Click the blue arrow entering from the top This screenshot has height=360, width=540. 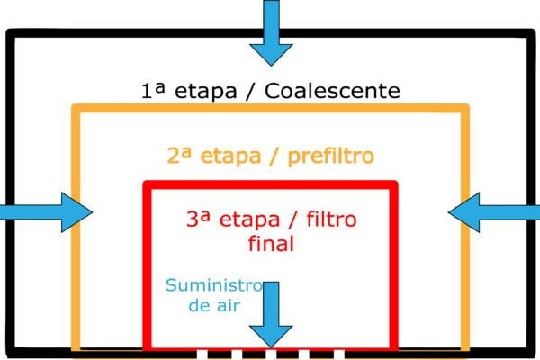click(271, 32)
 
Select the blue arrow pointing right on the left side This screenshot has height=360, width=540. click(46, 212)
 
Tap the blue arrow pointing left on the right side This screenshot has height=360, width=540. click(494, 212)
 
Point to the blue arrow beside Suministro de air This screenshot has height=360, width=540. click(271, 314)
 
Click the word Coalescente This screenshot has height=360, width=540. click(332, 91)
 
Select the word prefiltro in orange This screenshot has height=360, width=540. click(330, 157)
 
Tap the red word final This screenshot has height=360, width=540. click(271, 243)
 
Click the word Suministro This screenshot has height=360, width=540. click(214, 285)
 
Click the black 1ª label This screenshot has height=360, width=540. click(153, 90)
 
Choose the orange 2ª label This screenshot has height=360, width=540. click(179, 156)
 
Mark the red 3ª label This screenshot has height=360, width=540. click(198, 219)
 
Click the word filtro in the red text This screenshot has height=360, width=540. click(331, 219)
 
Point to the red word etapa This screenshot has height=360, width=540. click(250, 220)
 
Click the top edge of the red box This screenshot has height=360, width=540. click(270, 184)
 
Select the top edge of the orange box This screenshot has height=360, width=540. click(270, 108)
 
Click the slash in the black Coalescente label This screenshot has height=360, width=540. click(250, 92)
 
